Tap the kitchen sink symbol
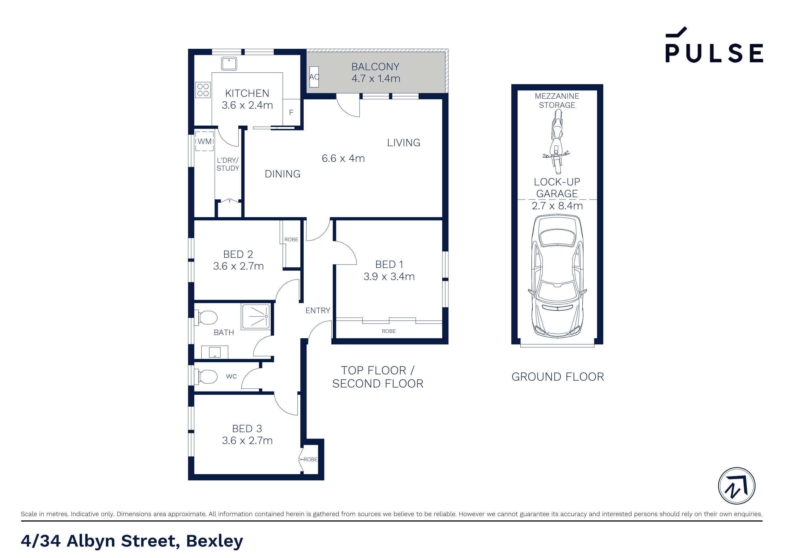(229, 64)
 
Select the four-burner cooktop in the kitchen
(203, 90)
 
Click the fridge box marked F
(291, 112)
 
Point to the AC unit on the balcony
(314, 77)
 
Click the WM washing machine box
(204, 141)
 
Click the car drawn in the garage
(557, 275)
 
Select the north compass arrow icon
(737, 486)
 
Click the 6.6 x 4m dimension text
(343, 158)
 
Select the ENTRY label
(318, 311)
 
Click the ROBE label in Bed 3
(310, 459)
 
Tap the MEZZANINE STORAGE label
(557, 100)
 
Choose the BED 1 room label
(389, 264)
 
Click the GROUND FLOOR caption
(557, 377)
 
